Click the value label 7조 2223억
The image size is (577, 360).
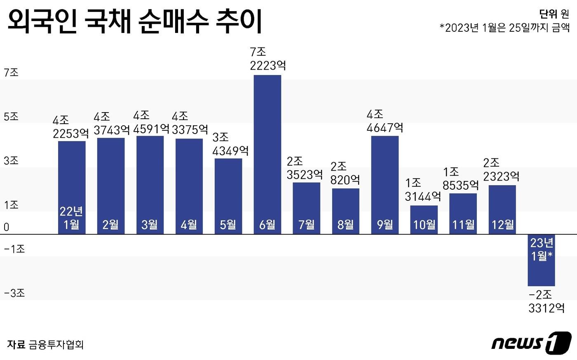[x=267, y=59]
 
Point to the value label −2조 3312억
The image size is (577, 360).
[x=546, y=301]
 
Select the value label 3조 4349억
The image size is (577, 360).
[x=230, y=144]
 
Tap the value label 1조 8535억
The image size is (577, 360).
[x=461, y=179]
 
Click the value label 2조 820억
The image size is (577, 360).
[x=345, y=173]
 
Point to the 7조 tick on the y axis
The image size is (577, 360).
[x=11, y=73]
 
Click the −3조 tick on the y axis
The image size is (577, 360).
[x=14, y=293]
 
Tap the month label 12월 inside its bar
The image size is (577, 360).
[x=502, y=225]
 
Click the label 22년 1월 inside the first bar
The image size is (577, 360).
[x=71, y=218]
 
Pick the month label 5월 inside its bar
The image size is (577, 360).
[x=228, y=225]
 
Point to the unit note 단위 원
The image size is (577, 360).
[x=554, y=14]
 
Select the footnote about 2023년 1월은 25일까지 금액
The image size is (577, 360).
[x=504, y=28]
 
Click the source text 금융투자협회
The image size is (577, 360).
[x=56, y=344]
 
